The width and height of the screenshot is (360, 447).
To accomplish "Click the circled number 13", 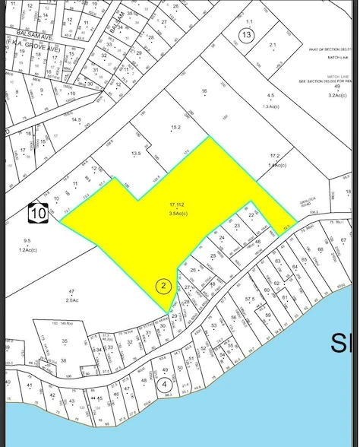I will pos(245,35).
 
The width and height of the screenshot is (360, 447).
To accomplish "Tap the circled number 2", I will pos(163,286).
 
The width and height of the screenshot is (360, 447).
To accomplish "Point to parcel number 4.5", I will pos(270,95).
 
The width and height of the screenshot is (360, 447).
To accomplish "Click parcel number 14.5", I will pos(76,120).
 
